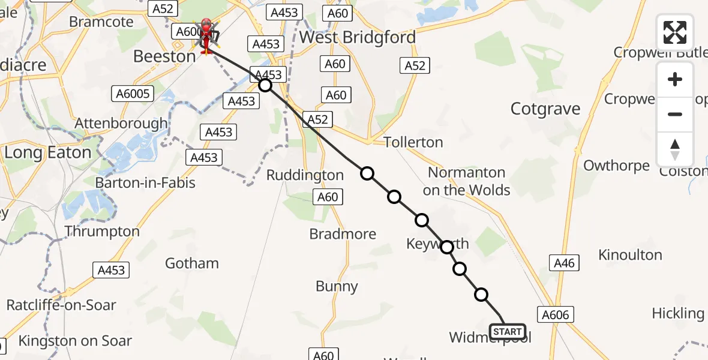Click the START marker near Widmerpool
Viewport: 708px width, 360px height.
pos(508,331)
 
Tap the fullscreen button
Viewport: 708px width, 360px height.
pos(675,32)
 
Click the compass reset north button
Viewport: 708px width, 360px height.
pos(675,149)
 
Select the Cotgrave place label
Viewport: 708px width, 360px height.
pos(545,109)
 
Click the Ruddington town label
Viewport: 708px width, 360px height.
pos(305,175)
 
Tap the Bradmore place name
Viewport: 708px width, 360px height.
pos(343,234)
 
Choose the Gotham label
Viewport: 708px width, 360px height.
pos(192,263)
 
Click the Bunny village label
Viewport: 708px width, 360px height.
pos(337,287)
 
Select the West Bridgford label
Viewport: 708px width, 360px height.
pos(358,37)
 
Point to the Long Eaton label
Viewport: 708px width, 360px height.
pos(48,152)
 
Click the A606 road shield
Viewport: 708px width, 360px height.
pos(555,314)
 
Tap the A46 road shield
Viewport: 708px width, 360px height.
pos(564,262)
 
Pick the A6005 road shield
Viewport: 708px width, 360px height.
pos(133,93)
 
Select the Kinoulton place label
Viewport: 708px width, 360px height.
pos(630,255)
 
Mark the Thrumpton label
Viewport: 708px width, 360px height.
pos(102,232)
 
